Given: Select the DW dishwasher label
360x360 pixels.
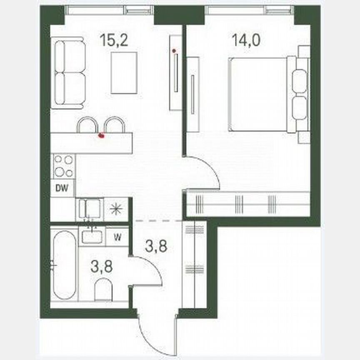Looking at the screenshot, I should tap(62, 187).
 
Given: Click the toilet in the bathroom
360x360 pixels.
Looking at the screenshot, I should tap(103, 290).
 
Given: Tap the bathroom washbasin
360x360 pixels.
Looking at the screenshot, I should tap(92, 236).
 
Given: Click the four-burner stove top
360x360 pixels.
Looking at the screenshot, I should tap(63, 165).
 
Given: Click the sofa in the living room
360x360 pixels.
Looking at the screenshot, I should tap(68, 73).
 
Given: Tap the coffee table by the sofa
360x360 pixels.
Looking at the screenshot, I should tap(124, 72).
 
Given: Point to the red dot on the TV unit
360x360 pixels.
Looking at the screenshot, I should tap(174, 51).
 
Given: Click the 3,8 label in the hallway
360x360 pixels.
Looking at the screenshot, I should tap(156, 247).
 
